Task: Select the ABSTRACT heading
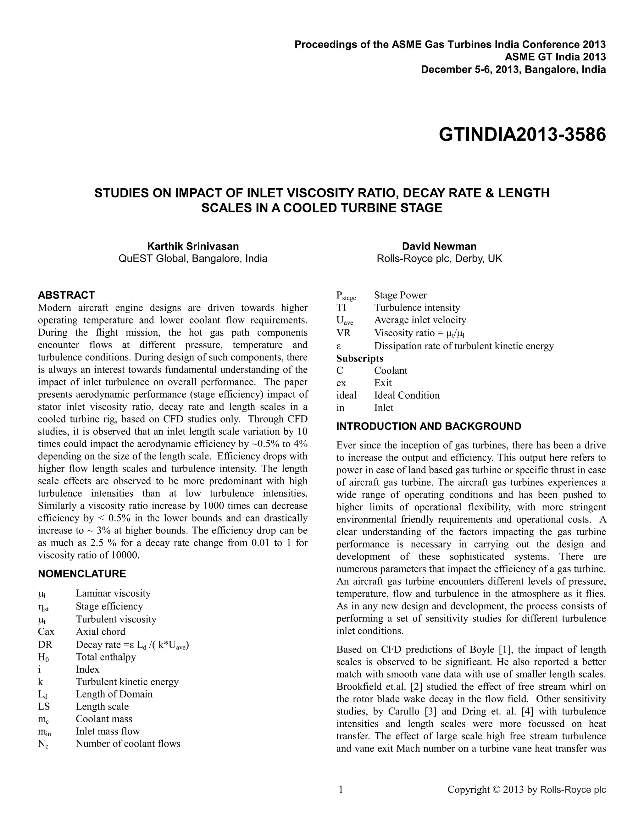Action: [x=66, y=295]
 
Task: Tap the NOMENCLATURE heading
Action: [x=82, y=574]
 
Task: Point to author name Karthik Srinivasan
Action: [x=193, y=246]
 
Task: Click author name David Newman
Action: [x=439, y=246]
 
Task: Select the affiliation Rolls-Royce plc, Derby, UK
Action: [x=439, y=259]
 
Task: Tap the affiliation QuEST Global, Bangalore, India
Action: [x=193, y=259]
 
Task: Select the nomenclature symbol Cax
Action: [x=46, y=631]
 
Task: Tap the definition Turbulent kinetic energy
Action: [x=127, y=681]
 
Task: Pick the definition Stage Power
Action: [x=400, y=295]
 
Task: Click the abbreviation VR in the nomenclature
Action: [x=343, y=333]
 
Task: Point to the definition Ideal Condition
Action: [x=407, y=395]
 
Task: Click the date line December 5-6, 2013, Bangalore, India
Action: [x=513, y=69]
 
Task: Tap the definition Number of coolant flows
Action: [x=128, y=743]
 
